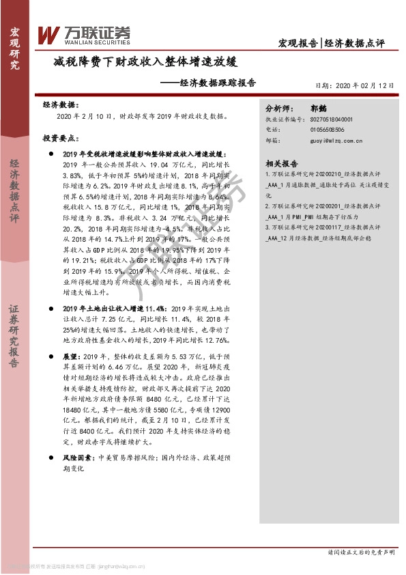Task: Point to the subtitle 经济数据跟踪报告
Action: [x=207, y=83]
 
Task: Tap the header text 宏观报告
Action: [x=298, y=42]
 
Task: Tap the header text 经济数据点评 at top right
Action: [x=353, y=42]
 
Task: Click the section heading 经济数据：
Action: [x=59, y=106]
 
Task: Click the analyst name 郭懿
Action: [x=319, y=109]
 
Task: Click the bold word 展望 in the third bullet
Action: [x=71, y=357]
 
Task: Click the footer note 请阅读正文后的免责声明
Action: [x=361, y=551]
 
